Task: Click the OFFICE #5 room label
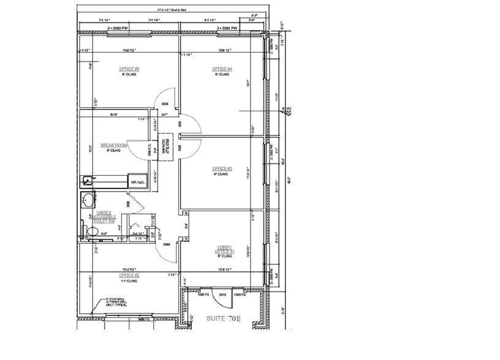[129, 69]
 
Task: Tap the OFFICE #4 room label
[221, 69]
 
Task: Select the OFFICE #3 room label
[221, 168]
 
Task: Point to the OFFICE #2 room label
[129, 276]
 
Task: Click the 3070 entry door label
[223, 295]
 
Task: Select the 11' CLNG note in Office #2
[129, 281]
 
